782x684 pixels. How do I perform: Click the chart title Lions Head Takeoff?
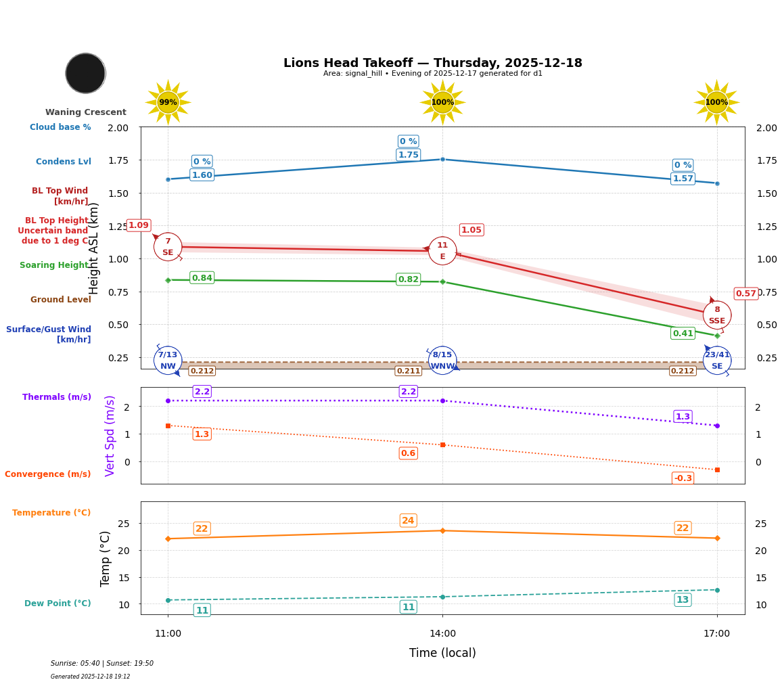click(432, 63)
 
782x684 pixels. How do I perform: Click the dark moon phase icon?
click(85, 73)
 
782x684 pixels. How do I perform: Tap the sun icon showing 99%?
click(168, 102)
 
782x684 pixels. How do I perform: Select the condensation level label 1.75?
click(408, 155)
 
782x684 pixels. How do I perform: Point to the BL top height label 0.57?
click(745, 294)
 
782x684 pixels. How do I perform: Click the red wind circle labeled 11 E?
click(442, 251)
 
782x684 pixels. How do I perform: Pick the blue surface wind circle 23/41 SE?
click(717, 360)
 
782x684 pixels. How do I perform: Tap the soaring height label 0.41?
click(683, 334)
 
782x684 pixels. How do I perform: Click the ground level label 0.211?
click(408, 371)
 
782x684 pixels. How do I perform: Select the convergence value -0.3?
click(683, 478)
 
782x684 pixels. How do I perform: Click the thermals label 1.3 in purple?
click(683, 417)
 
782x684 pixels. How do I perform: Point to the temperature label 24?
click(408, 520)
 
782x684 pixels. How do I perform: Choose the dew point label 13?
click(683, 600)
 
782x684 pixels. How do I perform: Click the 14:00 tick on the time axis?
click(442, 634)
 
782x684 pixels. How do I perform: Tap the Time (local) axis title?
click(442, 653)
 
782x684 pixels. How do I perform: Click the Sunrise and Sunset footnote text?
click(102, 664)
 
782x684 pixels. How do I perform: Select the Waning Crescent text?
click(85, 112)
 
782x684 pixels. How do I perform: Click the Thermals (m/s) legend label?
click(57, 397)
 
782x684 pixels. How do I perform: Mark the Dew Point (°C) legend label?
click(57, 603)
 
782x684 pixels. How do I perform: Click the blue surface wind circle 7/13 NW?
click(168, 360)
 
